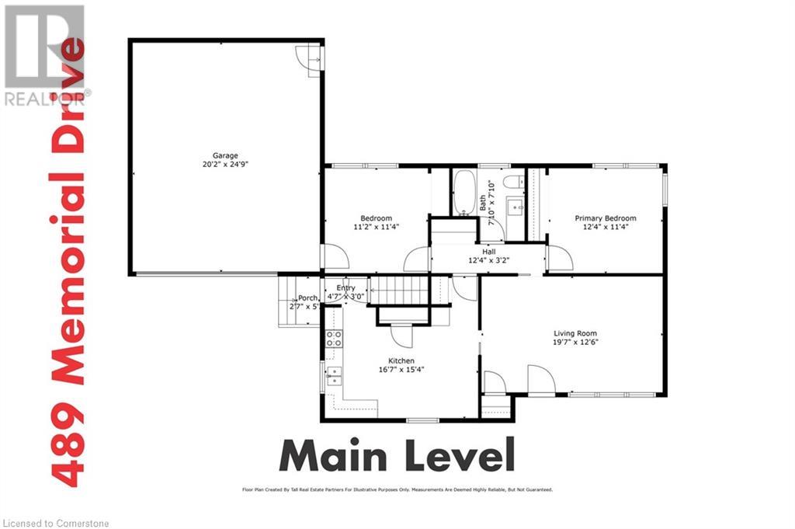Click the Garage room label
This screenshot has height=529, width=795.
coord(227,155)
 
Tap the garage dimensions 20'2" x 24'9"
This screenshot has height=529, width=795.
coord(227,165)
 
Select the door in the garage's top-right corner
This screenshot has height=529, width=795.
coord(313,58)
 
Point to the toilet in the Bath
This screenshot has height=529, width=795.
coord(513,182)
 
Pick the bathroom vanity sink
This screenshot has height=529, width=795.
coord(514,207)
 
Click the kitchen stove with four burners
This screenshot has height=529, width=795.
coord(333,338)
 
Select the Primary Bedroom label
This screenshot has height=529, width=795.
coord(605,218)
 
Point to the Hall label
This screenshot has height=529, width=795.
coord(488,252)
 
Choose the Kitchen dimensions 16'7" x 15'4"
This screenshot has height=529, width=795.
coord(401,371)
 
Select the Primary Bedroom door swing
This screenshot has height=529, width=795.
coord(559,259)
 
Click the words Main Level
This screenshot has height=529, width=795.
coord(397,455)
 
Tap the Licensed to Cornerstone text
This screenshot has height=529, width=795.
coord(55,523)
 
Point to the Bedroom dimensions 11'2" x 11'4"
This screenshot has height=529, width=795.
coord(376,228)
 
